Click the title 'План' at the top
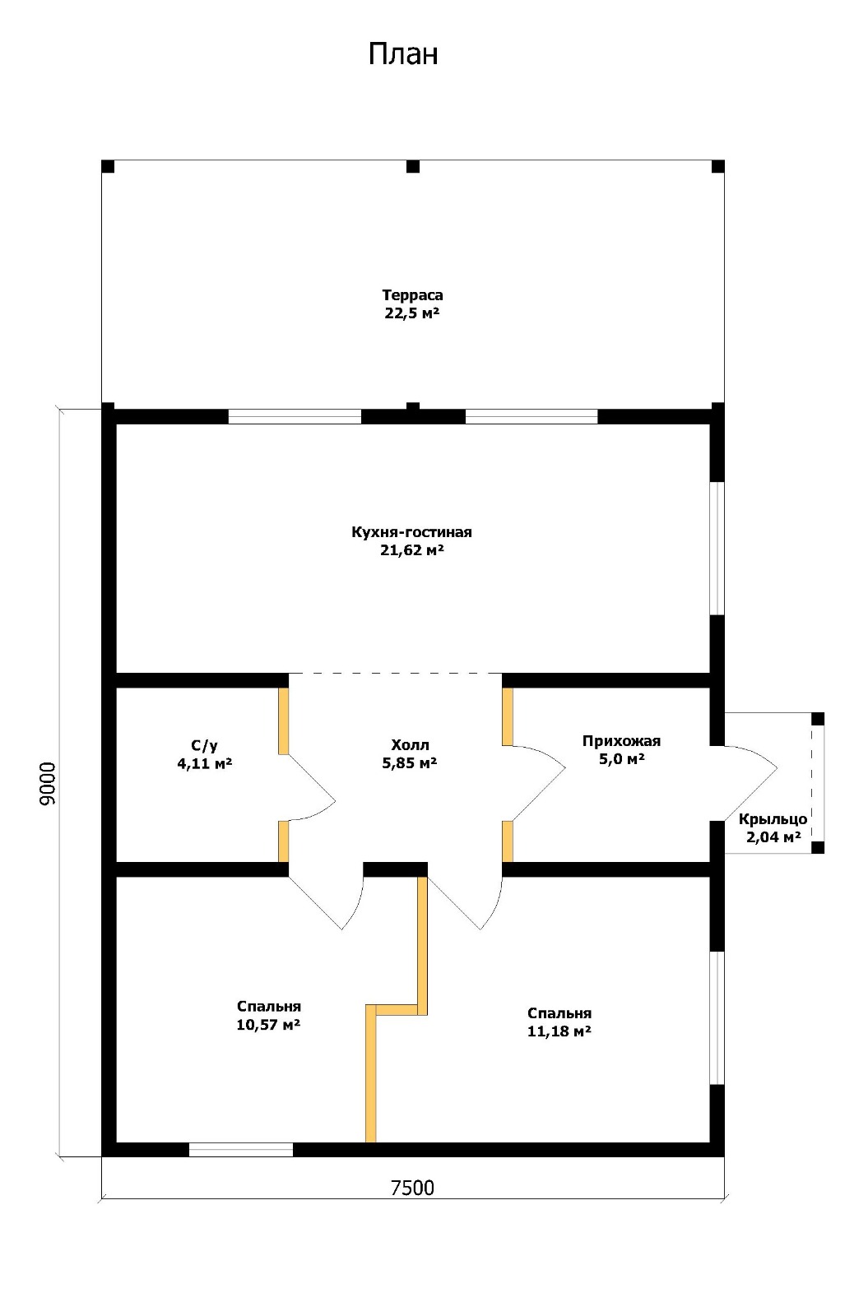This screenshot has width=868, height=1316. tap(403, 54)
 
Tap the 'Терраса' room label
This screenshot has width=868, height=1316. tap(412, 295)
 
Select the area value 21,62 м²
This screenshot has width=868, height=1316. tap(412, 550)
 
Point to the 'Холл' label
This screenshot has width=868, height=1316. tap(410, 745)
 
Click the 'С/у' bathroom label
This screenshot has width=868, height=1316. tap(204, 745)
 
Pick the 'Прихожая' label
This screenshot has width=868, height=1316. tap(621, 741)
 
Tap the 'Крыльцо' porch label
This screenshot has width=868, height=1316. tap(773, 819)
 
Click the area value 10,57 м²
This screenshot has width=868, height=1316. tap(268, 1025)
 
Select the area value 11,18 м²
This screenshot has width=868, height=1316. tap(559, 1031)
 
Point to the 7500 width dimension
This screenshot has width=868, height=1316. tap(412, 1188)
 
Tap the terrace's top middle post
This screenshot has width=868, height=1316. tap(413, 166)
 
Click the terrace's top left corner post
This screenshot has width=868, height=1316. tap(108, 166)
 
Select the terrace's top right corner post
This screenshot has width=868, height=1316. tap(718, 166)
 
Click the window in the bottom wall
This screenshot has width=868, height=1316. tap(241, 1149)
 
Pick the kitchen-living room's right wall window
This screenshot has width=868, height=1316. tap(717, 549)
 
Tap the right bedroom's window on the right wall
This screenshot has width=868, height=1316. tap(717, 1017)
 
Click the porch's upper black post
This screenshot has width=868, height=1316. tap(818, 719)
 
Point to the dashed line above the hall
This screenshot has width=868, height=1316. tap(395, 674)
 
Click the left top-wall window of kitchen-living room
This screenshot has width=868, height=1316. tap(295, 416)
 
